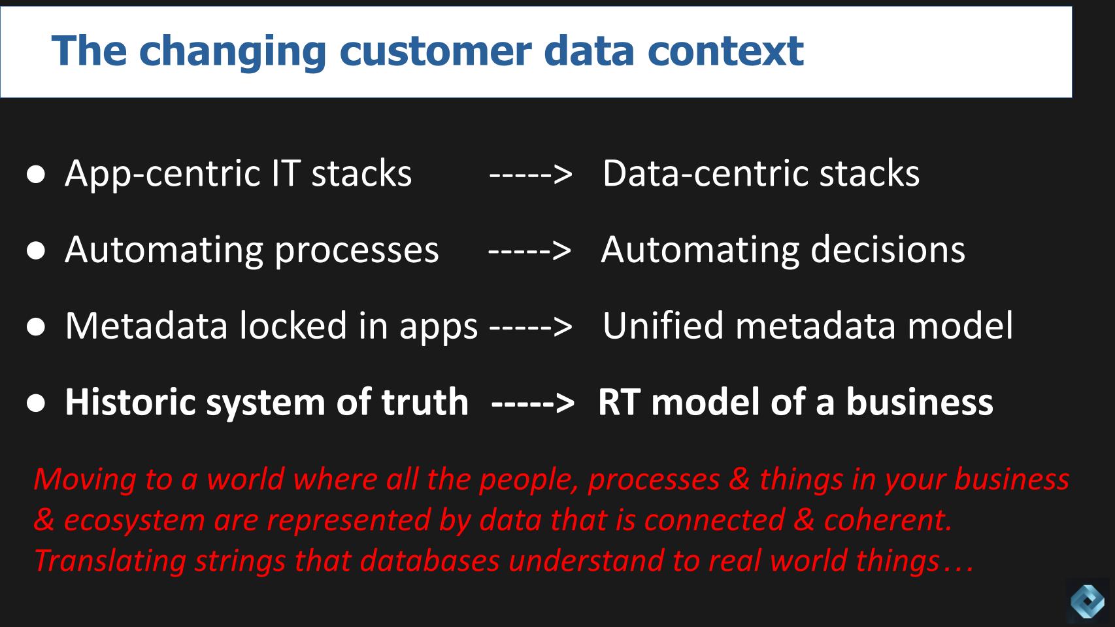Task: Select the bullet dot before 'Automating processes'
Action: pyautogui.click(x=37, y=250)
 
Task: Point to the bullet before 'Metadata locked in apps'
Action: pyautogui.click(x=37, y=327)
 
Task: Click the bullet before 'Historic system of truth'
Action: pyautogui.click(x=37, y=403)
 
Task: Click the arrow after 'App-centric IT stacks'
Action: pyautogui.click(x=531, y=175)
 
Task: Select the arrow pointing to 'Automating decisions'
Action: pyautogui.click(x=529, y=250)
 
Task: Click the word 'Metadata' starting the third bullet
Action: pyautogui.click(x=146, y=326)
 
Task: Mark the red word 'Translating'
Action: pyautogui.click(x=109, y=561)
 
